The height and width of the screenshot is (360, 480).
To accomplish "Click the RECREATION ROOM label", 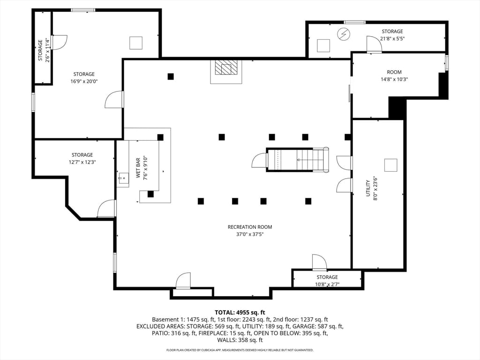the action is pos(250,227).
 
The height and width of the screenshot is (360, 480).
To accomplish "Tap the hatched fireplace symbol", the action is pos(226,67).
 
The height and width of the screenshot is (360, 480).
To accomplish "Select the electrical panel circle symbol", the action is pos(344,34).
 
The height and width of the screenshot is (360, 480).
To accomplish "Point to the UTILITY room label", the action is pos(368,188).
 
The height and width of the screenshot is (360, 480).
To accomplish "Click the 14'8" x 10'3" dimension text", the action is pos(394,79).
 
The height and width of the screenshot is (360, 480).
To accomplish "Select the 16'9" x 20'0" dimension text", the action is pos(84,82).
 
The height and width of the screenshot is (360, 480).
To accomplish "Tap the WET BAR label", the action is pos(138,168).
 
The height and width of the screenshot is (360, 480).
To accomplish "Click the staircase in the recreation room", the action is pos(297,159).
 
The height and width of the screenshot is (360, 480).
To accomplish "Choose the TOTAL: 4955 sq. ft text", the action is pos(240,313).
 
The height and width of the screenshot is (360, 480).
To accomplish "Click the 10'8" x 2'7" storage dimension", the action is pos(327,285).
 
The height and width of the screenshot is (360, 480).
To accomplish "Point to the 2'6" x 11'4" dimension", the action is pos(47,50).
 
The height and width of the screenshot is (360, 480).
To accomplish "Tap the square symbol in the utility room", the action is pos(390,165).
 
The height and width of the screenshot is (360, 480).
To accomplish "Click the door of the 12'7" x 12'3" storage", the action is pos(106,209).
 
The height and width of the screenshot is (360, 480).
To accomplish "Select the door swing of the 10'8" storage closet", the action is pos(319,262).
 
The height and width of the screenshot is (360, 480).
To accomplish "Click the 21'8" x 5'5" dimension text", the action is pos(392,38).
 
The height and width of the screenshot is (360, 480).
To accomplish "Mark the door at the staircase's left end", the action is pos(259,160).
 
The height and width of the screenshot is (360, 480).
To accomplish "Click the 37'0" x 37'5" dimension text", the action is pos(250,234).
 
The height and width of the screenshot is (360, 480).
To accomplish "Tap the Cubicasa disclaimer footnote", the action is pos(240,350).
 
